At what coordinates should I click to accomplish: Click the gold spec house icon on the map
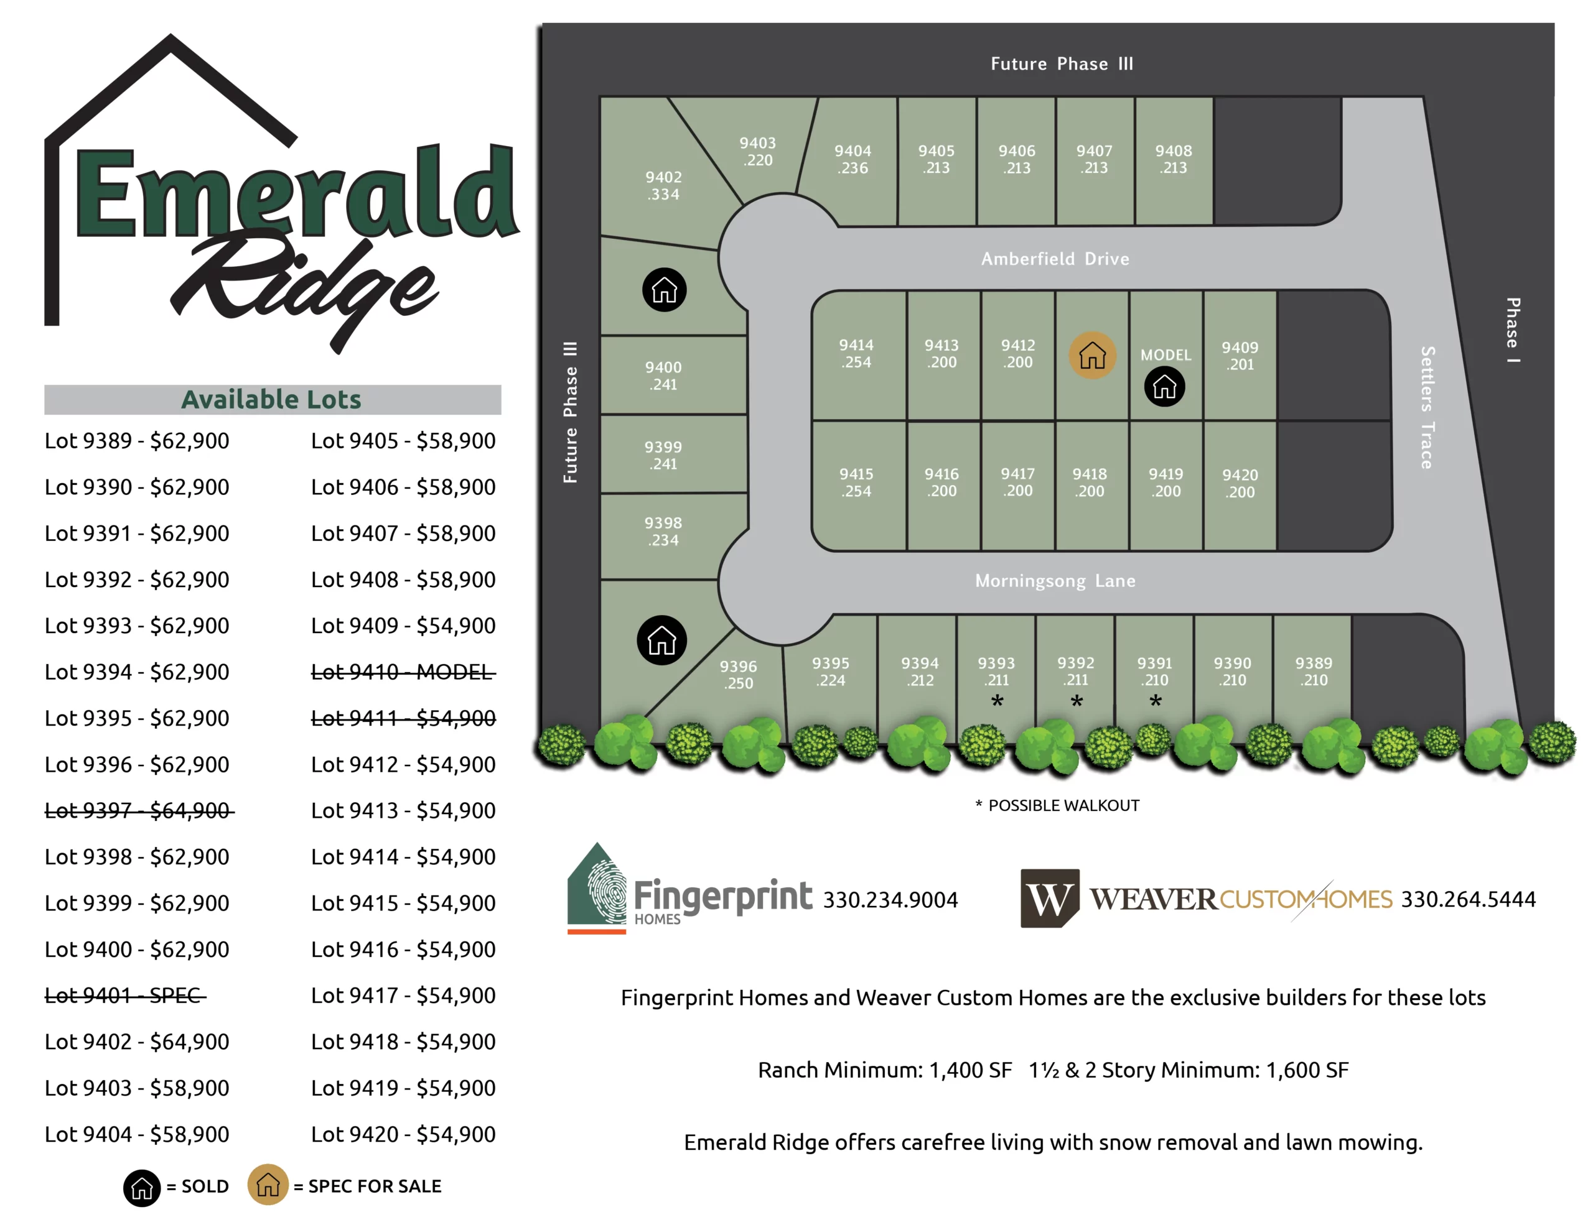tap(1092, 355)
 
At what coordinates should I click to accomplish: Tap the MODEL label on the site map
tap(1166, 355)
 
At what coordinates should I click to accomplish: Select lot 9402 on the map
tap(663, 185)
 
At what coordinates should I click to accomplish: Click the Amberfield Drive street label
tap(1055, 259)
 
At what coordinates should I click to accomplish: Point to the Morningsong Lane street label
tap(1055, 581)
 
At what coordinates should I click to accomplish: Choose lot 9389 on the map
tap(1313, 671)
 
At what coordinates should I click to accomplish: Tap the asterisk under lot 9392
tap(1077, 701)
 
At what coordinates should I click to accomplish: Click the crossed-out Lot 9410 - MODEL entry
tap(403, 672)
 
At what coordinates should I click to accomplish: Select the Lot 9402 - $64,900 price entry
tap(137, 1041)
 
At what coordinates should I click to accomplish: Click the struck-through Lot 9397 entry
tap(139, 810)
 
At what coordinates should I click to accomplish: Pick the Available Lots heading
tap(271, 400)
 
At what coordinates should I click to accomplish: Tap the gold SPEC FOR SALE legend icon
tap(268, 1185)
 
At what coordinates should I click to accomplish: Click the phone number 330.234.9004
tap(890, 900)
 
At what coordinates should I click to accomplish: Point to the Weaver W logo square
tap(1049, 899)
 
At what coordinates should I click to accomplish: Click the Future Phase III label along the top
tap(1061, 63)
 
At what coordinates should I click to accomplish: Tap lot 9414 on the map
tap(856, 354)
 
